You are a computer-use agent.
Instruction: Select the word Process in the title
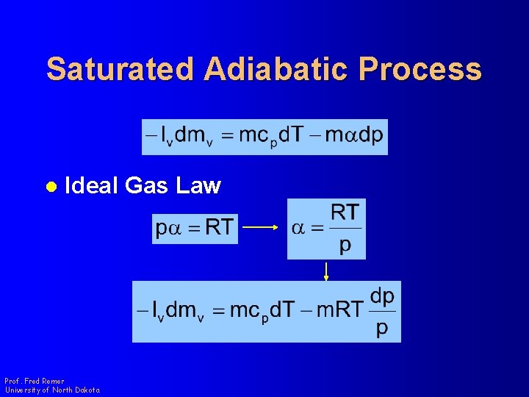(420, 69)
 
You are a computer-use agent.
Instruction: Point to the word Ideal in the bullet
(92, 186)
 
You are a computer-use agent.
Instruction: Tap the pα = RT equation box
(195, 228)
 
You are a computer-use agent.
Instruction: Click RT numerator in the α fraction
(345, 213)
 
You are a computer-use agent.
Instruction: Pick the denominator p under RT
(345, 245)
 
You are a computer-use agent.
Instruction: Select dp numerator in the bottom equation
(382, 296)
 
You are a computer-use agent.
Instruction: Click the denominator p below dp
(382, 327)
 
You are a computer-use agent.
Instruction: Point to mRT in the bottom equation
(339, 310)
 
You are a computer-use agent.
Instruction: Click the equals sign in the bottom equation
(218, 311)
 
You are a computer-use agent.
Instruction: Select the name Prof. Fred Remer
(35, 382)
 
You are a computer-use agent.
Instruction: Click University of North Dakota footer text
(51, 390)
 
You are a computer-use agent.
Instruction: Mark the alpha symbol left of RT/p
(298, 228)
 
